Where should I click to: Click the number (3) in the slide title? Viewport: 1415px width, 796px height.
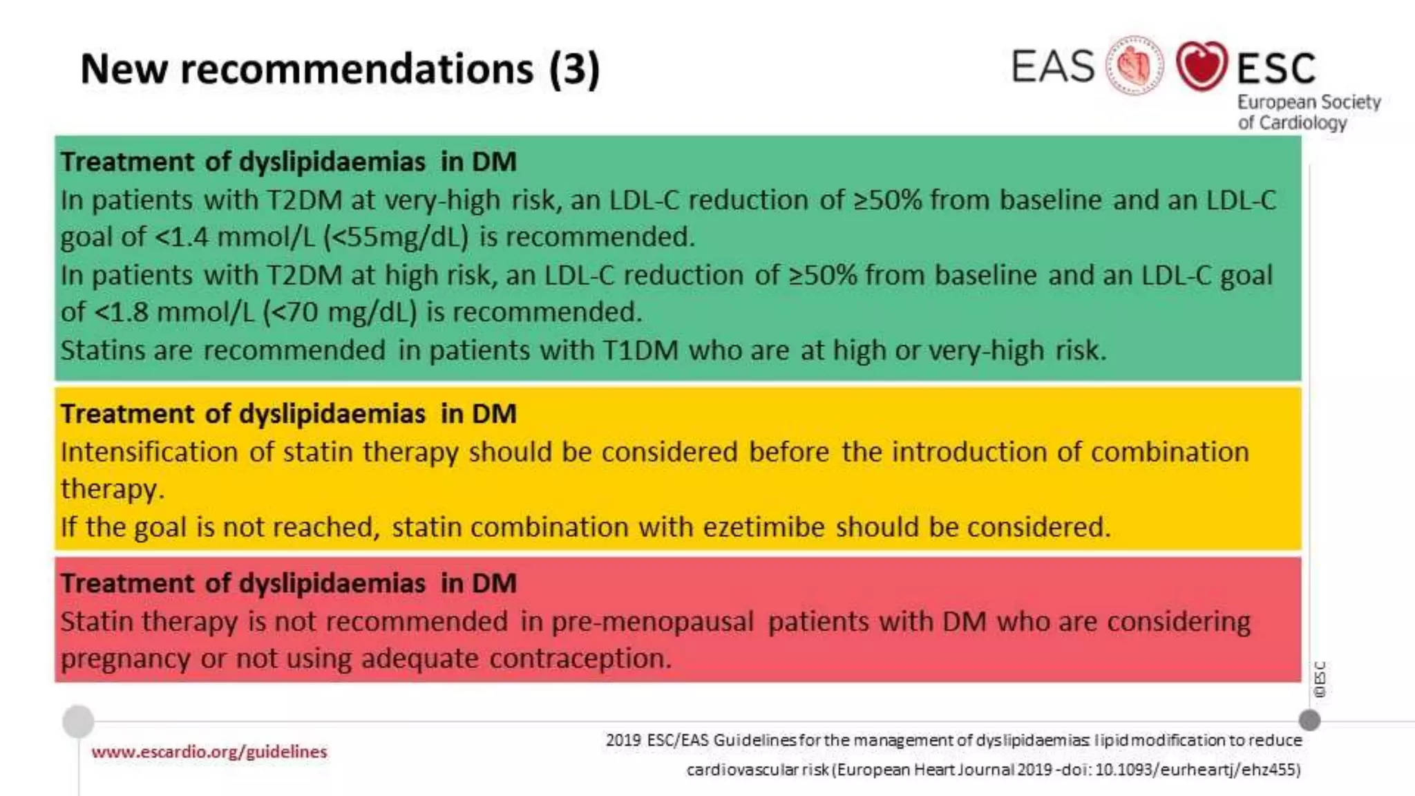(x=574, y=69)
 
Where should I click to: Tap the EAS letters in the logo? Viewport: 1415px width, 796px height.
(x=1053, y=67)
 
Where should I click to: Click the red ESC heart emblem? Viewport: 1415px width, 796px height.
(x=1202, y=66)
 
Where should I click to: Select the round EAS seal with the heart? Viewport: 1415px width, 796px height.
(x=1134, y=66)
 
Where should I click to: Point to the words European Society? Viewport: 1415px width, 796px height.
(x=1309, y=102)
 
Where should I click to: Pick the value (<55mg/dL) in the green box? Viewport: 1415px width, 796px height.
(x=396, y=238)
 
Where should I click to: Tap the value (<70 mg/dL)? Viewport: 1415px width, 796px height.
(x=340, y=312)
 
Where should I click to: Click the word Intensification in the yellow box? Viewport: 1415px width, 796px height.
(x=149, y=452)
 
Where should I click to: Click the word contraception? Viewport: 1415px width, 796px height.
(x=580, y=658)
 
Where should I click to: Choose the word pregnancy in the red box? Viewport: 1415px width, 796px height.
(x=125, y=658)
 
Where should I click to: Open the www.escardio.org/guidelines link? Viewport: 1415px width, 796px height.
(x=209, y=752)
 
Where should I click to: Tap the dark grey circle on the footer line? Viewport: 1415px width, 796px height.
(x=1309, y=721)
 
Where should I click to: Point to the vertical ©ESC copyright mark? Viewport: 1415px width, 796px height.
(x=1320, y=679)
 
